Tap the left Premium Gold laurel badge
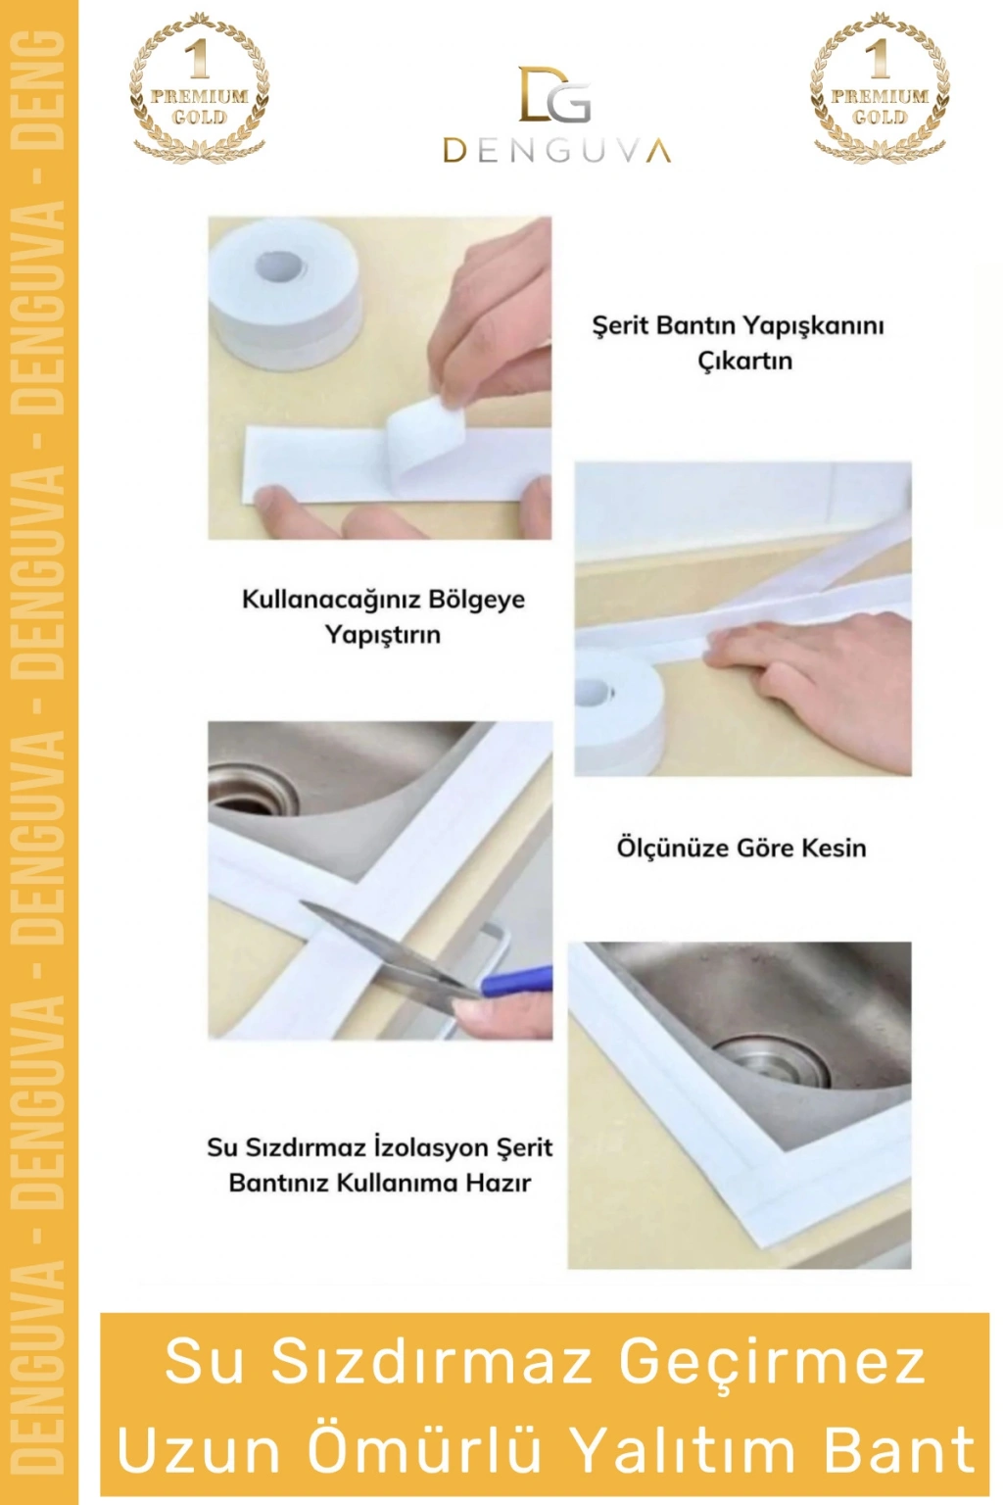(199, 87)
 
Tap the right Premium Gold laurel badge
(880, 87)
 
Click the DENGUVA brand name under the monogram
(557, 150)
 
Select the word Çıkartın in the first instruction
(745, 362)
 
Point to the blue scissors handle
(516, 980)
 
